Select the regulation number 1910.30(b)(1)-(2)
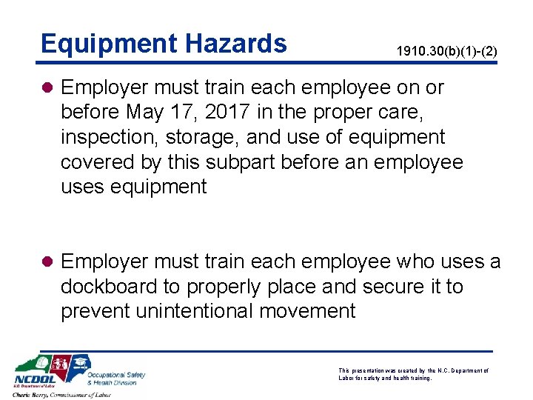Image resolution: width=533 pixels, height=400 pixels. point(446,52)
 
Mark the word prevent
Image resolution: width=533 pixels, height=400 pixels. point(95,311)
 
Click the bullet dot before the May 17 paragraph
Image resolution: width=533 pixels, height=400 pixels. point(47,88)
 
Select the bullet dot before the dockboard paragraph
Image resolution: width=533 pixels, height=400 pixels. point(47,262)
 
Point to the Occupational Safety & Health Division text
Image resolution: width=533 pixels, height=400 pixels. point(116,379)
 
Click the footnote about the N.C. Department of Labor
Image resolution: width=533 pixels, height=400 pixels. point(413,373)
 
